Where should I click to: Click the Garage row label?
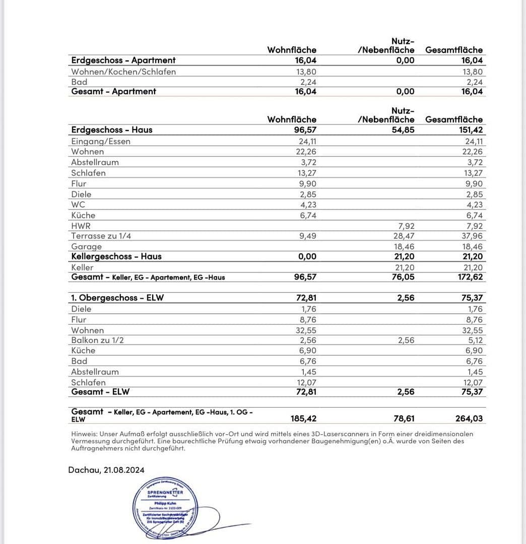pyautogui.click(x=87, y=246)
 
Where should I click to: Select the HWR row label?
pyautogui.click(x=81, y=226)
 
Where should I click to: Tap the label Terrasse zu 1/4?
pyautogui.click(x=102, y=236)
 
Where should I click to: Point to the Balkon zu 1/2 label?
pyautogui.click(x=98, y=340)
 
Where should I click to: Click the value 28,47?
pyautogui.click(x=404, y=236)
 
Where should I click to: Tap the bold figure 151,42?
pyautogui.click(x=469, y=129)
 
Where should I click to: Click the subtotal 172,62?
pyautogui.click(x=469, y=277)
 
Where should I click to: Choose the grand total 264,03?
pyautogui.click(x=469, y=418)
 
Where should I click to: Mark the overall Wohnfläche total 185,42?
pyautogui.click(x=304, y=418)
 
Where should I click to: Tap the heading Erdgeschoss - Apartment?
pyautogui.click(x=123, y=60)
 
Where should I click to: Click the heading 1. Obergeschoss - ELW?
pyautogui.click(x=117, y=298)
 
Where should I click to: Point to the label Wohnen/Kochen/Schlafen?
pyautogui.click(x=124, y=72)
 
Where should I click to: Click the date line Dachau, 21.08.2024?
pyautogui.click(x=106, y=469)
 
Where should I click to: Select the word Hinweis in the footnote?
pyautogui.click(x=84, y=434)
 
